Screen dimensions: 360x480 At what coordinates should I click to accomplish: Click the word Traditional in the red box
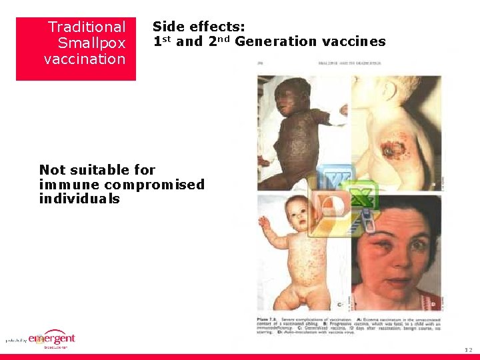(87, 27)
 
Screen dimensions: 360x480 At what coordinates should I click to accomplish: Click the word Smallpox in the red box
(91, 43)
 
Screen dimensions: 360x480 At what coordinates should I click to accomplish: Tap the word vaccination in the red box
(85, 59)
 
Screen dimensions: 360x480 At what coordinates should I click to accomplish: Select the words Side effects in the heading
(199, 27)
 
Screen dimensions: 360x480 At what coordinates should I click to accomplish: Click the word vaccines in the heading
(353, 42)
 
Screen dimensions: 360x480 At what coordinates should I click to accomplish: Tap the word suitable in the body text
(113, 170)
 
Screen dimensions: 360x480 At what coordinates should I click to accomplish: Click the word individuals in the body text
(79, 199)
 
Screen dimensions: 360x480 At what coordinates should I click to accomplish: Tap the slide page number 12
(469, 349)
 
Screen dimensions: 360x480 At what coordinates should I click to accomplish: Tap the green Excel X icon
(361, 198)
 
